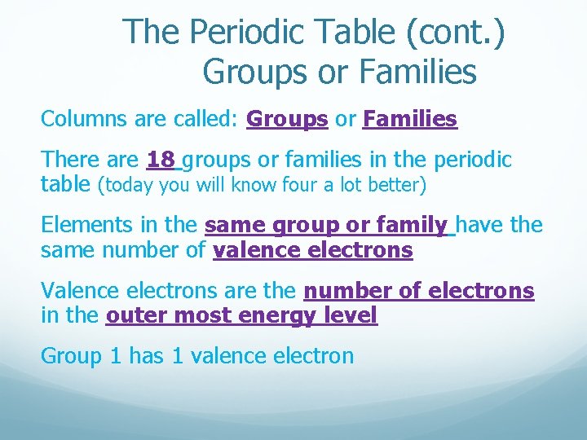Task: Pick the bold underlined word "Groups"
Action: coord(287,120)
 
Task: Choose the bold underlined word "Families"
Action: coord(410,120)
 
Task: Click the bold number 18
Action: coord(161,160)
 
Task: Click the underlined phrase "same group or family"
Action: coord(326,224)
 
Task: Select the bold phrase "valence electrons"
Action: coord(312,249)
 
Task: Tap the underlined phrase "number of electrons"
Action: coord(419,290)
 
